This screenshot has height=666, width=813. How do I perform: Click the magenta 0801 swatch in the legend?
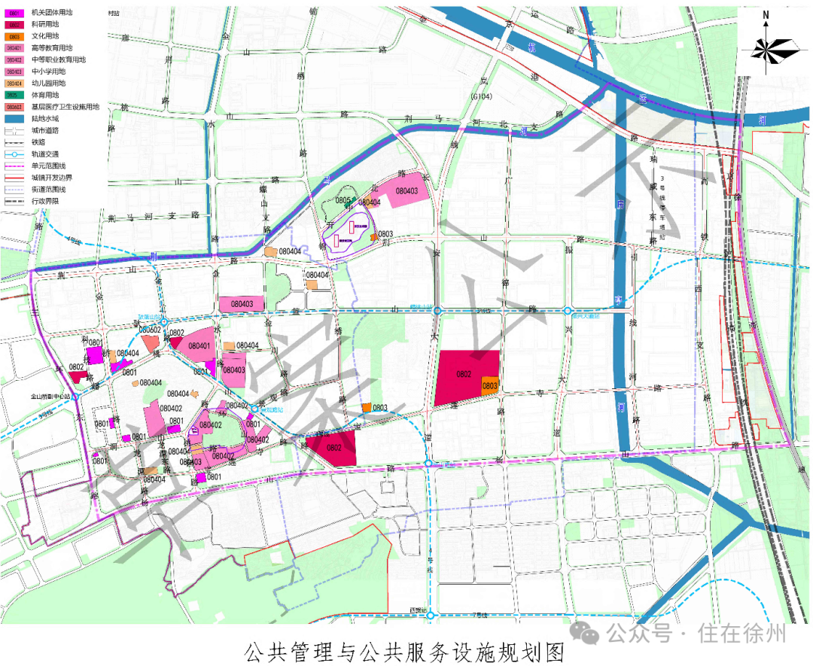pyautogui.click(x=13, y=12)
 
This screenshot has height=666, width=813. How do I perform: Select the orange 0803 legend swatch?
pyautogui.click(x=13, y=36)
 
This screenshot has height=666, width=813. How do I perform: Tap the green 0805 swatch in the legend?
pyautogui.click(x=13, y=96)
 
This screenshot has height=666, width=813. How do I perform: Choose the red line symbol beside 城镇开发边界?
pyautogui.click(x=13, y=178)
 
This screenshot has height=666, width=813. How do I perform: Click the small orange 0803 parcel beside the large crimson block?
pyautogui.click(x=490, y=385)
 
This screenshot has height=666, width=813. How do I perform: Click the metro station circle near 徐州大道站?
pyautogui.click(x=568, y=310)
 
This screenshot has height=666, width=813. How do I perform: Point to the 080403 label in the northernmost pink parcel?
pyautogui.click(x=406, y=192)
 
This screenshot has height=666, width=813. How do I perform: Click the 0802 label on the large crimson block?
pyautogui.click(x=464, y=374)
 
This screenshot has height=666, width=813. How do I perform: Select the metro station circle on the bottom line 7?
pyautogui.click(x=430, y=616)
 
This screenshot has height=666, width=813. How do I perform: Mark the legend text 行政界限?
pyautogui.click(x=46, y=202)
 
